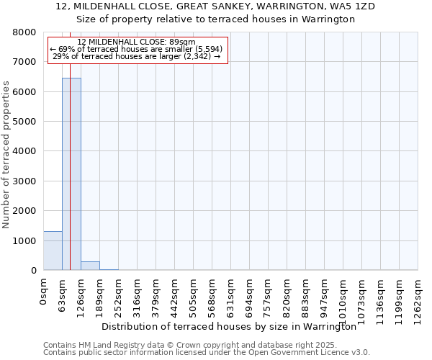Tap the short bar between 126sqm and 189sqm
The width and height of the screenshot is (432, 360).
(x=90, y=266)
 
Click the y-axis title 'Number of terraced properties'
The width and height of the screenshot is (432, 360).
(x=6, y=155)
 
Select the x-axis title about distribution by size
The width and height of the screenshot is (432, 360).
(x=229, y=326)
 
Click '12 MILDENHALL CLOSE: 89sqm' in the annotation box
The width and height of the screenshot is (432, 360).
(x=136, y=42)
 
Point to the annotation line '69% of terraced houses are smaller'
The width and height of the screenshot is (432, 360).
(x=136, y=49)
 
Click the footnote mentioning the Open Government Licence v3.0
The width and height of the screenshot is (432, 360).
(x=206, y=353)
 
